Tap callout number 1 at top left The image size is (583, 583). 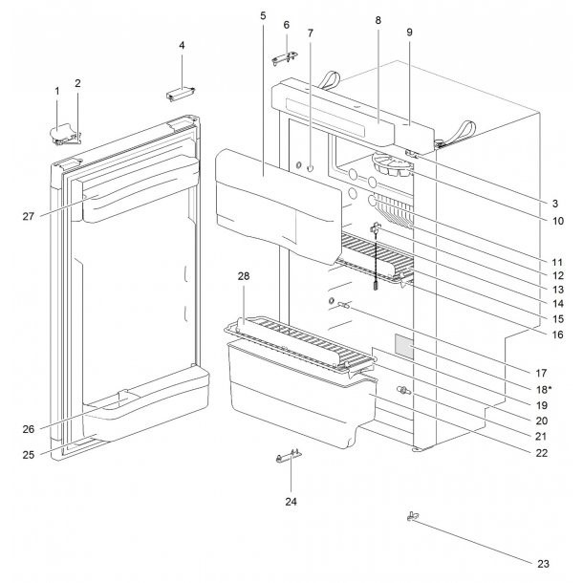pyautogui.click(x=56, y=91)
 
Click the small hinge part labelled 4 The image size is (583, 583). pyautogui.click(x=181, y=92)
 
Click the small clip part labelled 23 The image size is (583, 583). pyautogui.click(x=413, y=518)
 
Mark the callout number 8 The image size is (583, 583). pyautogui.click(x=378, y=20)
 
